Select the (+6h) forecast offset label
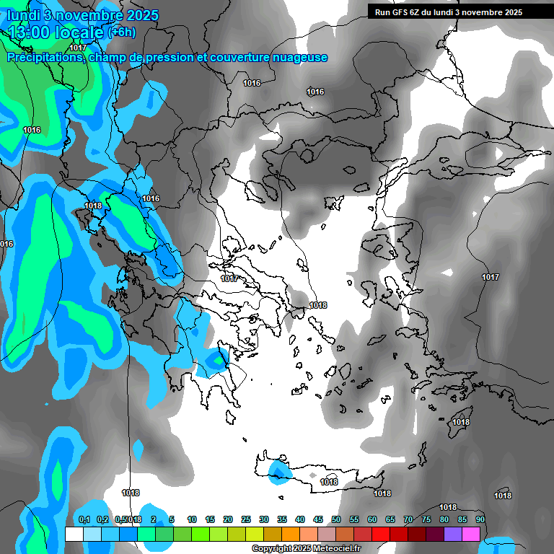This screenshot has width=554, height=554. point(120,32)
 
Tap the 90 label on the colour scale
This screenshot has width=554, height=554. point(480,519)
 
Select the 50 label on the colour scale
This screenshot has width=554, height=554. point(336,519)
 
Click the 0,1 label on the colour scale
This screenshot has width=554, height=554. point(84,519)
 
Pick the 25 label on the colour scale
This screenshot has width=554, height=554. point(246,519)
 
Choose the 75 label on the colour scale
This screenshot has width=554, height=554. point(426,519)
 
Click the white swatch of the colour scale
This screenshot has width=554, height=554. point(74,534)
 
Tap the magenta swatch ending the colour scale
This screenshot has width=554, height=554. point(470,534)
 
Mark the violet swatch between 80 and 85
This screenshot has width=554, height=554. point(452,534)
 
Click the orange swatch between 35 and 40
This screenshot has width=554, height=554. point(290,534)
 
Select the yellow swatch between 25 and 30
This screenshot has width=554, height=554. point(254,534)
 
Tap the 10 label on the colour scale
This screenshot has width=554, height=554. point(192,519)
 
